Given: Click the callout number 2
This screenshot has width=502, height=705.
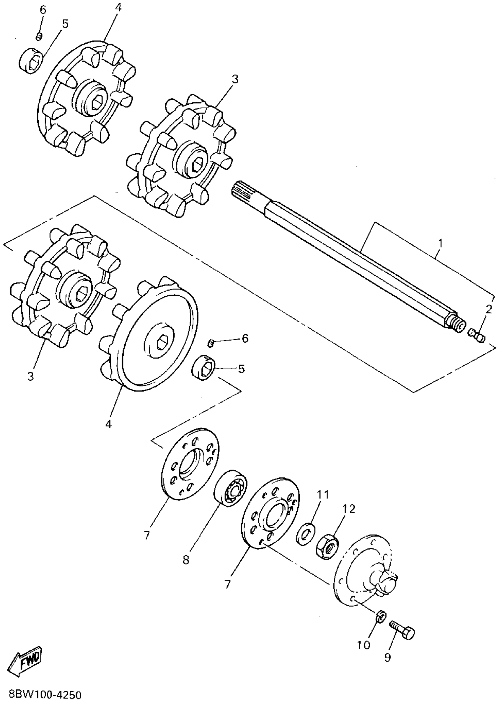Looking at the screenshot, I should pos(488,310).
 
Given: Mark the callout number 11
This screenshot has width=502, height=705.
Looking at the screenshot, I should pos(322,495).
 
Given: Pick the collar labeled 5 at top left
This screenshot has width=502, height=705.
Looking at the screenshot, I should pos(31,60).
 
